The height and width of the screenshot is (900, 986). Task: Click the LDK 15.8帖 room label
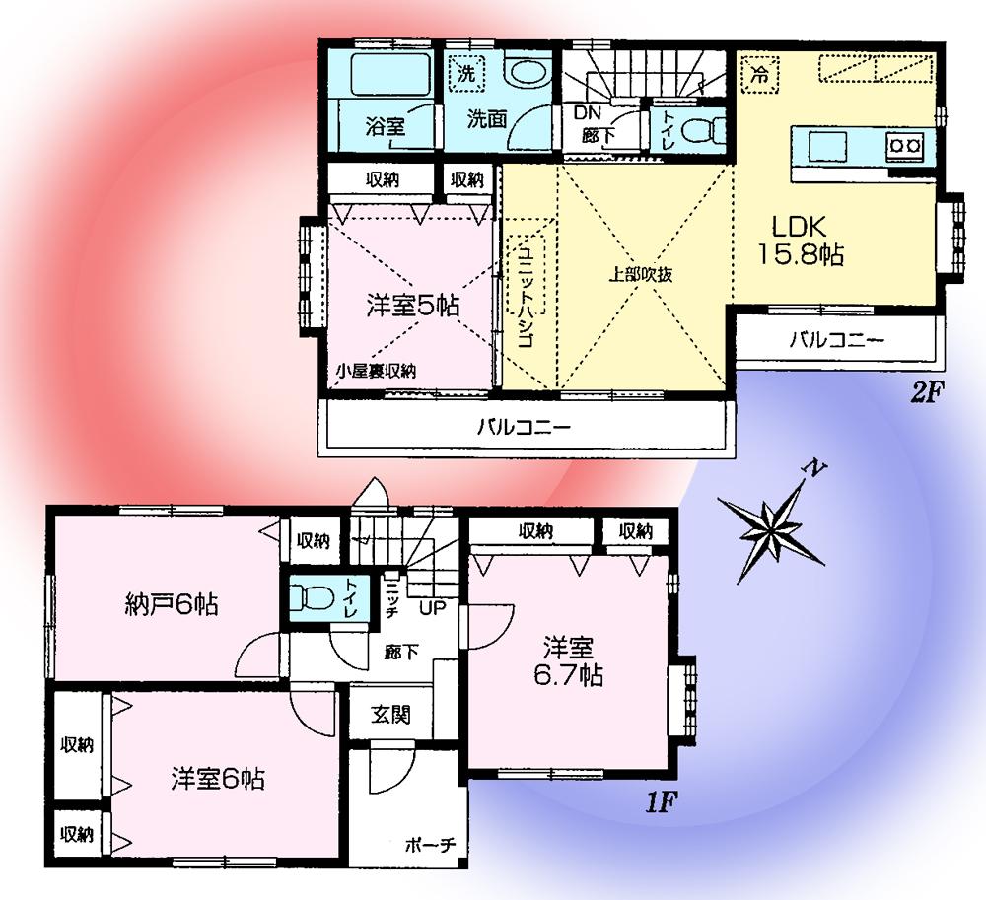tap(799, 240)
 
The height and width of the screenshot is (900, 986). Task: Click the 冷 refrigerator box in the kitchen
tap(759, 72)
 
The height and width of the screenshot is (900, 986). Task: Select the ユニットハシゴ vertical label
tap(524, 296)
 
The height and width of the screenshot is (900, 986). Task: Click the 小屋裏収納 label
tap(376, 371)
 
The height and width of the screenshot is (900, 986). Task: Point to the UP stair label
tap(432, 607)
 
